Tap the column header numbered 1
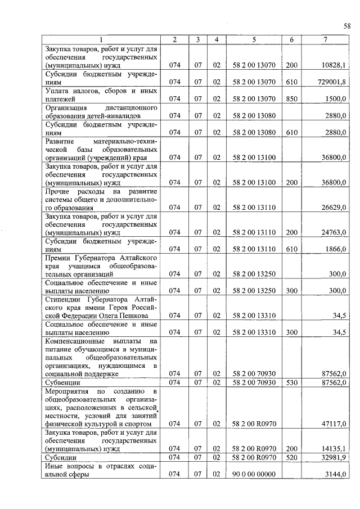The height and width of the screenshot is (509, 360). click(x=101, y=39)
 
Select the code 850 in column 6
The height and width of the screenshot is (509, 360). click(x=291, y=98)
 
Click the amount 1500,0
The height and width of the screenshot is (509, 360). click(x=335, y=98)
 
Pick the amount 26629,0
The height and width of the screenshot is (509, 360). click(x=334, y=207)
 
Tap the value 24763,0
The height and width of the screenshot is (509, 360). click(x=334, y=232)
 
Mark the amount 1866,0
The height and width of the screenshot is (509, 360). click(x=335, y=248)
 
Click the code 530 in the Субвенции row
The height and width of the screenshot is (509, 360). click(x=291, y=382)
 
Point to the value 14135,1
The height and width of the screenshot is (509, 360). click(x=334, y=448)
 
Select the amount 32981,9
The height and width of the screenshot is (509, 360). click(x=334, y=457)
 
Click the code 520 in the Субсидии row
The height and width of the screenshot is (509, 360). click(x=291, y=457)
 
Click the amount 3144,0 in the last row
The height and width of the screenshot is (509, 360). click(x=335, y=474)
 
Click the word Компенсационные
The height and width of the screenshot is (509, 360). click(x=77, y=341)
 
